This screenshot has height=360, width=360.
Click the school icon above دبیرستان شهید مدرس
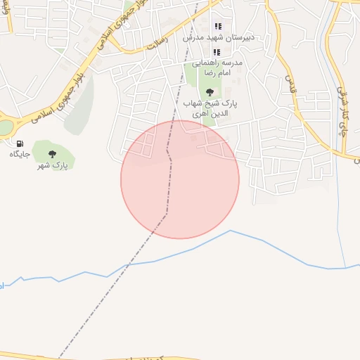tap(217, 26)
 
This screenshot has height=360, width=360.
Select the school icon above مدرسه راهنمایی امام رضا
tap(217, 52)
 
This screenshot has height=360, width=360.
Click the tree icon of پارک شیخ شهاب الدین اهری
tap(210, 92)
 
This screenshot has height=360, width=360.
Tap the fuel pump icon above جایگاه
tap(19, 143)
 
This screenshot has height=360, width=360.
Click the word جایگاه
tap(19, 154)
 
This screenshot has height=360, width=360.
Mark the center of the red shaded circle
tap(180, 179)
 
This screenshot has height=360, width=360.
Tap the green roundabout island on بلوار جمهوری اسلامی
tap(5, 127)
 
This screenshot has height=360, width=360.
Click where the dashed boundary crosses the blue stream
tap(127, 265)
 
